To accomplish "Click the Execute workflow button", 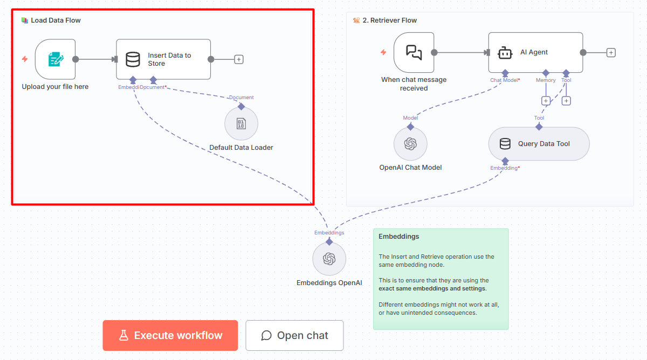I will [170, 335].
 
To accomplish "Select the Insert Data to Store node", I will [163, 59].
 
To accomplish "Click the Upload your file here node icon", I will [55, 59].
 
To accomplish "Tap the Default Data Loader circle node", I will [241, 124].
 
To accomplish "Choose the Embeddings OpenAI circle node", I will [329, 259].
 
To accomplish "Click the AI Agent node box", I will [535, 52].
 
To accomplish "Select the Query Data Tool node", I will [539, 144].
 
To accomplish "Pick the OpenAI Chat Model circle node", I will [410, 144].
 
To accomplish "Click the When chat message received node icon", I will [414, 52].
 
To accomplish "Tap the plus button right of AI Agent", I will [611, 52].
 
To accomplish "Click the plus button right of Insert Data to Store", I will [239, 59].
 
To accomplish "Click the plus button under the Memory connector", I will [546, 101].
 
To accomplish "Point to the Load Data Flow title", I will [56, 20].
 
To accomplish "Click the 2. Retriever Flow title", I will [389, 20].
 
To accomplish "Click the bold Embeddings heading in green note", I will [398, 237].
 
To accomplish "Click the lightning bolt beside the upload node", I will [24, 59].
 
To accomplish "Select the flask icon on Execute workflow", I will [123, 335].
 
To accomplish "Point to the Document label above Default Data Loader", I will [241, 98].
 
